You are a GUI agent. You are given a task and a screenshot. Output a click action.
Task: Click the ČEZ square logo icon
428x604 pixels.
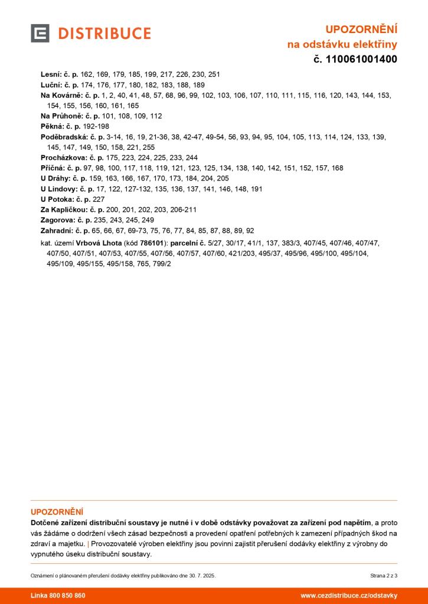(x=40, y=34)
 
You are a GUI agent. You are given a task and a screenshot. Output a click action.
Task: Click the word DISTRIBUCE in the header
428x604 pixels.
(x=104, y=34)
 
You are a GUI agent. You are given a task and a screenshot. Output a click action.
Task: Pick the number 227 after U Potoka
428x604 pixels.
(x=99, y=199)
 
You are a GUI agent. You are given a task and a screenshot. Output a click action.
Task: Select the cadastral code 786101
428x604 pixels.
(x=152, y=243)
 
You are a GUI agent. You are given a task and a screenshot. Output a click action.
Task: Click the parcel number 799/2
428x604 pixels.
(x=162, y=264)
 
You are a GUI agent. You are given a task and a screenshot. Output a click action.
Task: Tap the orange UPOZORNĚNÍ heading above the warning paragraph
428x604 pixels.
(x=57, y=512)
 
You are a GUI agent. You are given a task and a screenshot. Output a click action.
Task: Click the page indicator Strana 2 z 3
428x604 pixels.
(x=384, y=575)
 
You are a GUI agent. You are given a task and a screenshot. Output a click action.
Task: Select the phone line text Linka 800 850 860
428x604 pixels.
(x=58, y=596)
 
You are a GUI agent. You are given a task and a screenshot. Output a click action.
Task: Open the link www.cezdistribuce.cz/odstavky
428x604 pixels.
(x=349, y=596)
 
